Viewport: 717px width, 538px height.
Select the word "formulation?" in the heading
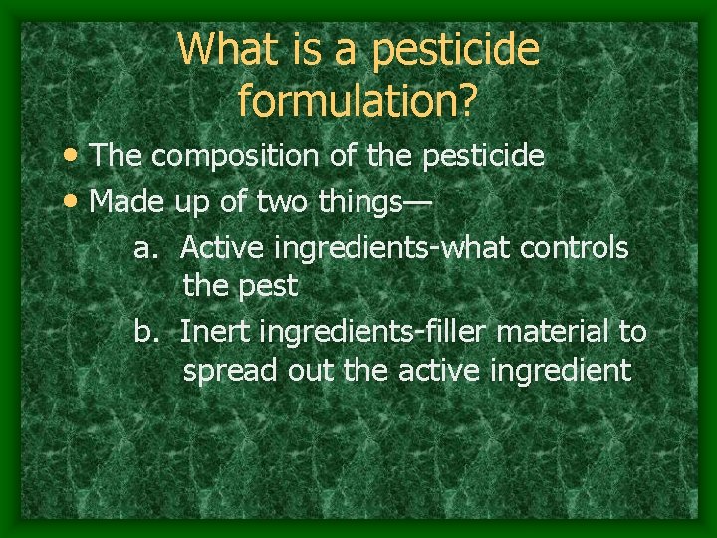(x=358, y=98)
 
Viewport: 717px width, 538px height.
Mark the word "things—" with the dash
(x=377, y=201)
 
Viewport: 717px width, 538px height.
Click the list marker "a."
(x=147, y=246)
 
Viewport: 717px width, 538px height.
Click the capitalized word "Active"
(x=226, y=246)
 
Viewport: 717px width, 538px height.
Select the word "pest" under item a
(x=269, y=288)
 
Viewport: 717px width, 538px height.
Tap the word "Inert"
(x=217, y=331)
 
